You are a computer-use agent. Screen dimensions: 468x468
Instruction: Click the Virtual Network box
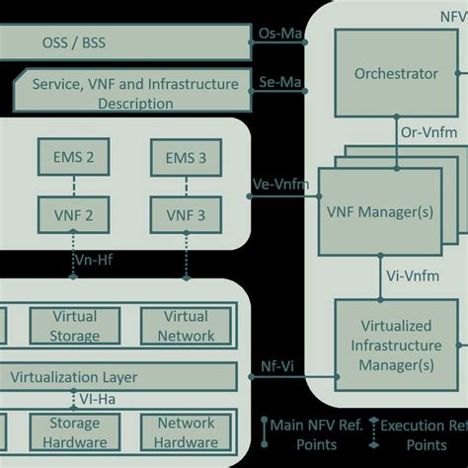186,326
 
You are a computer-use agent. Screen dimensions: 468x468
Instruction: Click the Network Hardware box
186,432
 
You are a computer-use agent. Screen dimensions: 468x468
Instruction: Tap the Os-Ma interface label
279,36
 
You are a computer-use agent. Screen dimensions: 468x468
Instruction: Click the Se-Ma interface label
279,84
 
